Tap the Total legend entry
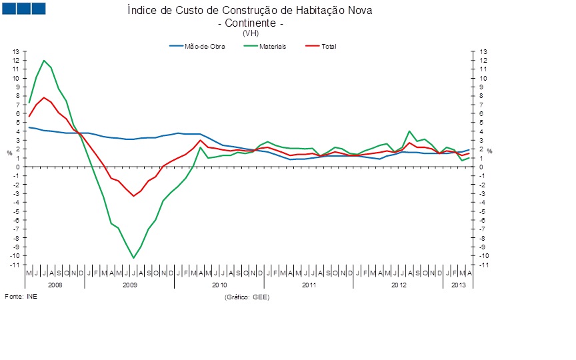click(x=329, y=46)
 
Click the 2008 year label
click(x=55, y=285)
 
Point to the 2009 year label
click(x=129, y=285)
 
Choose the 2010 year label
click(x=219, y=285)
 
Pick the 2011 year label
click(x=309, y=285)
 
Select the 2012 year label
click(x=398, y=285)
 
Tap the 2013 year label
click(x=459, y=285)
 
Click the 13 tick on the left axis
click(x=17, y=52)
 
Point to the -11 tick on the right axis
click(x=483, y=265)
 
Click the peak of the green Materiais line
click(x=44, y=61)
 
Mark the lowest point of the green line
click(x=133, y=258)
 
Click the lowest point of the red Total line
click(x=133, y=195)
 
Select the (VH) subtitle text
click(x=251, y=32)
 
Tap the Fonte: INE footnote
click(x=21, y=296)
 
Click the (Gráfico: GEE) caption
click(x=247, y=296)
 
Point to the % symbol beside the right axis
click(x=489, y=151)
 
